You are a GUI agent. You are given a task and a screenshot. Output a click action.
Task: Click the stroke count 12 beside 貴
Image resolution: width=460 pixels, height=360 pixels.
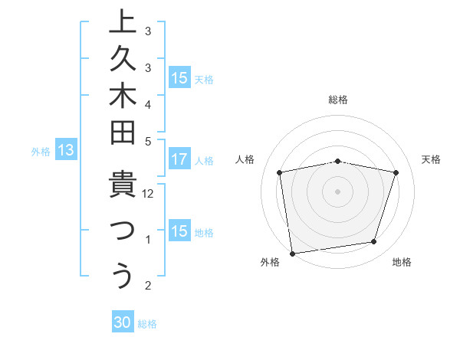coord(149,194)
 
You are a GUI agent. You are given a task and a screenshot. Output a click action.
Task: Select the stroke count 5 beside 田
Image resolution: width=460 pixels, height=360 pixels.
coord(148,141)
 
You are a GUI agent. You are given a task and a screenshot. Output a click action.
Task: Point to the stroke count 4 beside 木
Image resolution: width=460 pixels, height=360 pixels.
coord(148,103)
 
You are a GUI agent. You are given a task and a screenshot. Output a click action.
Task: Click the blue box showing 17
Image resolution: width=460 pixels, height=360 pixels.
coord(179,160)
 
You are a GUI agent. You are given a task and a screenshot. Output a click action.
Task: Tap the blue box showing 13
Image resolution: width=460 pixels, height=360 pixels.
coord(66,151)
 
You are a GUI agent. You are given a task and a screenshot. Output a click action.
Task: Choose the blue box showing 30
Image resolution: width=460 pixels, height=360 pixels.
coord(123,322)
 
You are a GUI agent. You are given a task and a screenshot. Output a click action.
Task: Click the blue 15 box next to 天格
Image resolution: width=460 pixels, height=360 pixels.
coord(179,78)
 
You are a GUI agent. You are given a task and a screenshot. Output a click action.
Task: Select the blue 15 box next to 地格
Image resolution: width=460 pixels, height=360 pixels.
coord(179,231)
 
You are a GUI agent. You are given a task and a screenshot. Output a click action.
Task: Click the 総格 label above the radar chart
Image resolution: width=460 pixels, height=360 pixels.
coord(338,100)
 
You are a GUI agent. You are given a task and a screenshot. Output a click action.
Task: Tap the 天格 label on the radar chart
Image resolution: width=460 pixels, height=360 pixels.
coord(431,159)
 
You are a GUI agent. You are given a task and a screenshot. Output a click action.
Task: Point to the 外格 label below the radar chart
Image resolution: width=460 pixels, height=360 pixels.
coord(270,262)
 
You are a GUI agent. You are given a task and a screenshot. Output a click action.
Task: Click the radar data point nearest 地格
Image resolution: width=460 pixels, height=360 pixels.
coord(374,242)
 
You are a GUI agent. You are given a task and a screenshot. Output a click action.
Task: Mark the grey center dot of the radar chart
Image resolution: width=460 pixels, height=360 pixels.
coord(338,191)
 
